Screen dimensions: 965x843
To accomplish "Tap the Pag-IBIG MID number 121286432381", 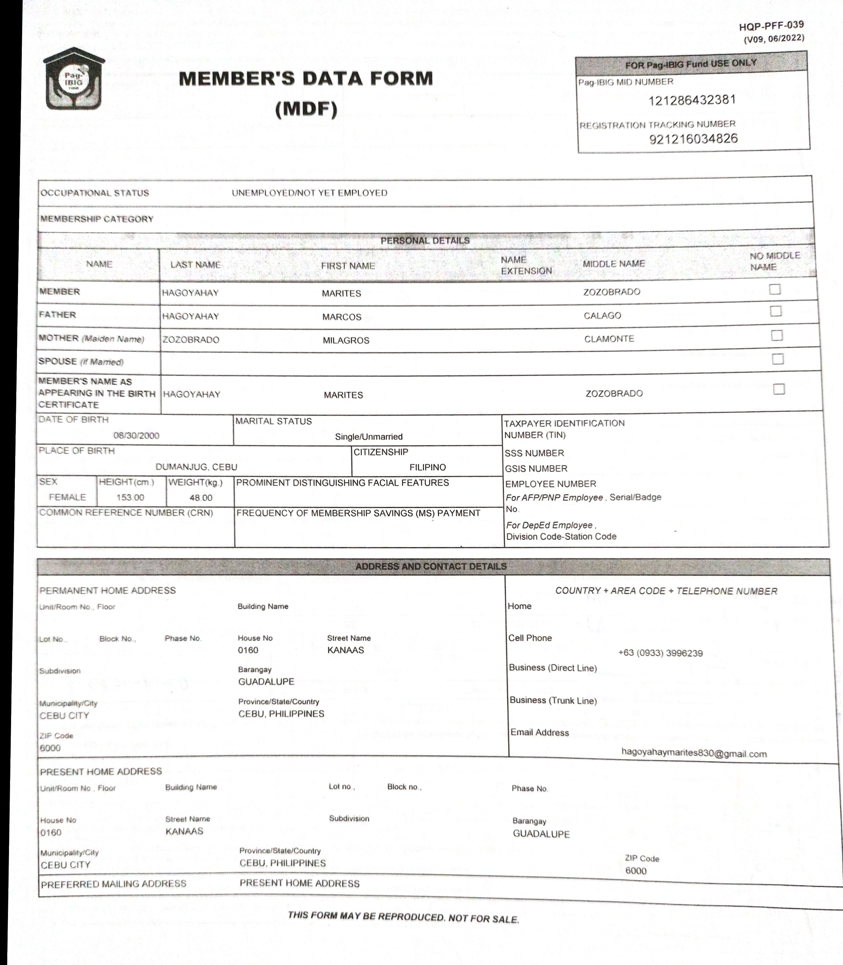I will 691,100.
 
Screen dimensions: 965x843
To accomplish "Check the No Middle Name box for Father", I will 776,311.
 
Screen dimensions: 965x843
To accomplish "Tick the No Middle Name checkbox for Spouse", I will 778,359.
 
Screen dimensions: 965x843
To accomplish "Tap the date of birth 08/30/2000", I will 136,435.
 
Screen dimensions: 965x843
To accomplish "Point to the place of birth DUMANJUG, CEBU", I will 196,467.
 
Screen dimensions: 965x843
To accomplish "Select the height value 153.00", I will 130,498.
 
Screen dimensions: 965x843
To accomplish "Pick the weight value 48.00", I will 201,498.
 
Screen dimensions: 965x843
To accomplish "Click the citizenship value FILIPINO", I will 427,467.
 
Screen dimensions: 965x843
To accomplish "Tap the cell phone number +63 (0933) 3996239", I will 660,653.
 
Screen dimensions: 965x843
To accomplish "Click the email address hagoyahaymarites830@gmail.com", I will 694,753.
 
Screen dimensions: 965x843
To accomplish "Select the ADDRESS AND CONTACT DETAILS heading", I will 431,567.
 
